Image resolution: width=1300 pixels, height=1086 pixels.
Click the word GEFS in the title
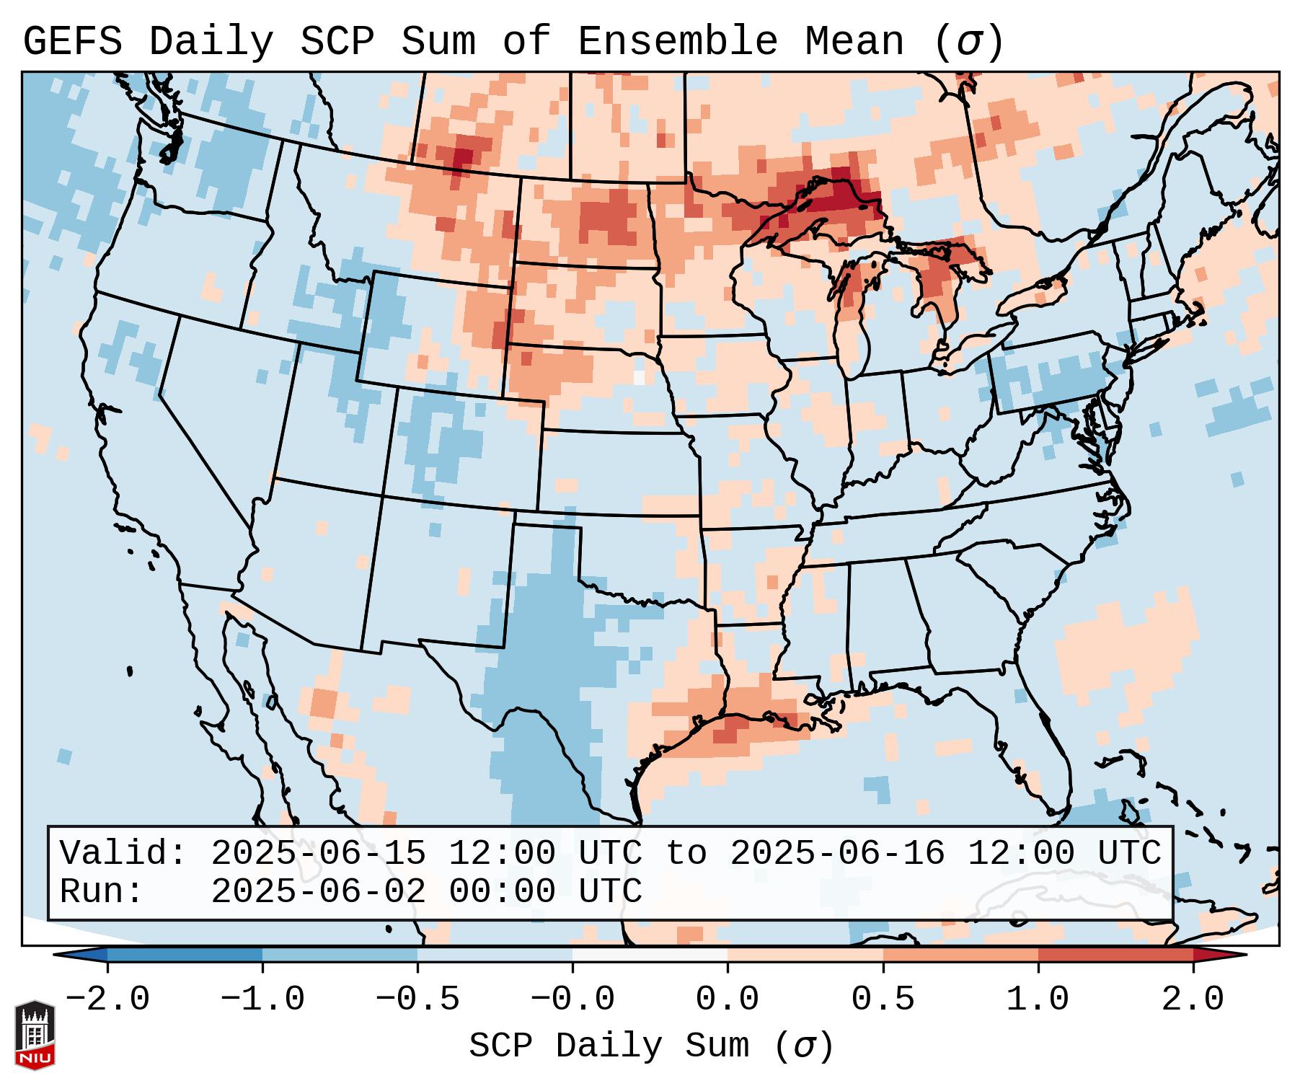pyautogui.click(x=73, y=42)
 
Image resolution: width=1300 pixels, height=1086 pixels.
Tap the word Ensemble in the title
pyautogui.click(x=678, y=42)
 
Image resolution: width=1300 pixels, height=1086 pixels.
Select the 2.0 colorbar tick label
pyautogui.click(x=1193, y=999)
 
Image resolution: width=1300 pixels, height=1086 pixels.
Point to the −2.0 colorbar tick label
pyautogui.click(x=107, y=999)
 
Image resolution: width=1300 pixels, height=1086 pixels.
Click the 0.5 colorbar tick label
pyautogui.click(x=883, y=999)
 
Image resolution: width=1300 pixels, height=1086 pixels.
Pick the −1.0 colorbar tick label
pyautogui.click(x=262, y=999)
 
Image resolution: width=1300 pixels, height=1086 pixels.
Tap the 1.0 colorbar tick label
pyautogui.click(x=1038, y=999)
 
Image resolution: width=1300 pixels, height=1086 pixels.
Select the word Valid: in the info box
pyautogui.click(x=123, y=853)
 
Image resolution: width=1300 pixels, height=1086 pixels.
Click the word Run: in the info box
pyautogui.click(x=102, y=891)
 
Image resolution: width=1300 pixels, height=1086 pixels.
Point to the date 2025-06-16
pyautogui.click(x=837, y=853)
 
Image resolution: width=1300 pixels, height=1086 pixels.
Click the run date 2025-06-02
pyautogui.click(x=318, y=891)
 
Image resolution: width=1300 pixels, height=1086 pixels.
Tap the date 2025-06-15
pyautogui.click(x=318, y=853)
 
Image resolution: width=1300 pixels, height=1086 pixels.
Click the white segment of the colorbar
pyautogui.click(x=650, y=955)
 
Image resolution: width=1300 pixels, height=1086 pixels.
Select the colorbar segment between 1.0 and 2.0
pyautogui.click(x=1115, y=955)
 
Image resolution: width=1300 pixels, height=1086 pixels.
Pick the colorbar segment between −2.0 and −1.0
pyautogui.click(x=185, y=955)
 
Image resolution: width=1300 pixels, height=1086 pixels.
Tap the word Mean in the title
pyautogui.click(x=854, y=42)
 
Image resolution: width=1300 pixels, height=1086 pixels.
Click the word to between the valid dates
pyautogui.click(x=686, y=853)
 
